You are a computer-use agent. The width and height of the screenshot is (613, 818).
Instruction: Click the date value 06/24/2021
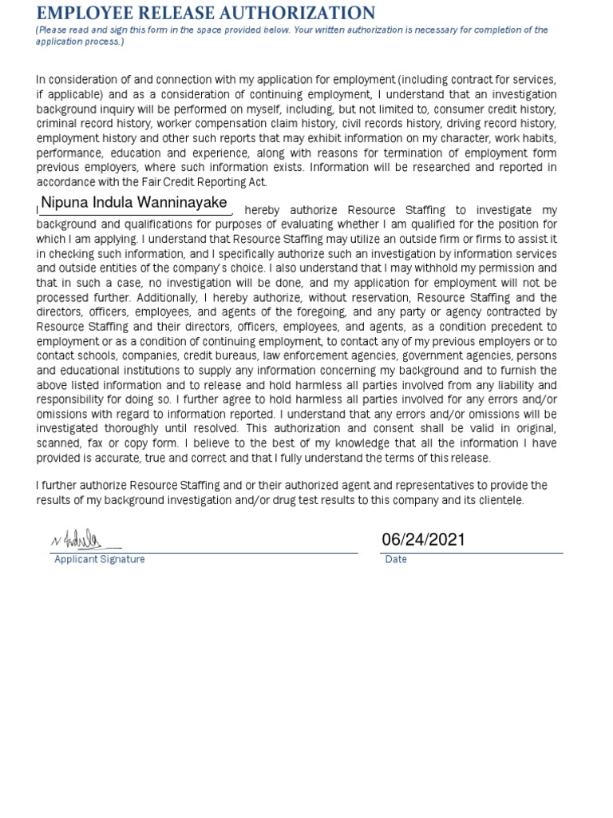tap(423, 540)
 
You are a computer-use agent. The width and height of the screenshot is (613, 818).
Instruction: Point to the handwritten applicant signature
tap(77, 541)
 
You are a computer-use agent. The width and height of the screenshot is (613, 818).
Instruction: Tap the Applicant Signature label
tap(99, 559)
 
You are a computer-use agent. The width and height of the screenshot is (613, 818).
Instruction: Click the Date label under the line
tap(396, 559)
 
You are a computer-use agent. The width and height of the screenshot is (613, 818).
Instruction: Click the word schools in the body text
tap(97, 355)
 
